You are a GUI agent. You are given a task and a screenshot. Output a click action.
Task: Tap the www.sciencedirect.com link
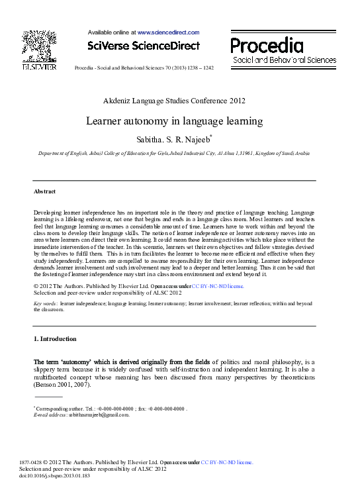click(168, 31)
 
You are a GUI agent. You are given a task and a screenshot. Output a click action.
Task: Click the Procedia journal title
click(267, 45)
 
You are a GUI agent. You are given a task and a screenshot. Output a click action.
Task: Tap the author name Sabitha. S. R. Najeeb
click(173, 140)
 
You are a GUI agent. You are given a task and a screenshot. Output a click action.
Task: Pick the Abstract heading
click(44, 191)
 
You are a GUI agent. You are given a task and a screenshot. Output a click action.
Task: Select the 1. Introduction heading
click(55, 339)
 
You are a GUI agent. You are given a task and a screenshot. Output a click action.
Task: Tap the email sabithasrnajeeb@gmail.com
click(99, 415)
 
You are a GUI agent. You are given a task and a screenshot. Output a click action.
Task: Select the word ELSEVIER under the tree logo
click(39, 67)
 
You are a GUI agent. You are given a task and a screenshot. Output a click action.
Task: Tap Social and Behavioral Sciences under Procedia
click(284, 60)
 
